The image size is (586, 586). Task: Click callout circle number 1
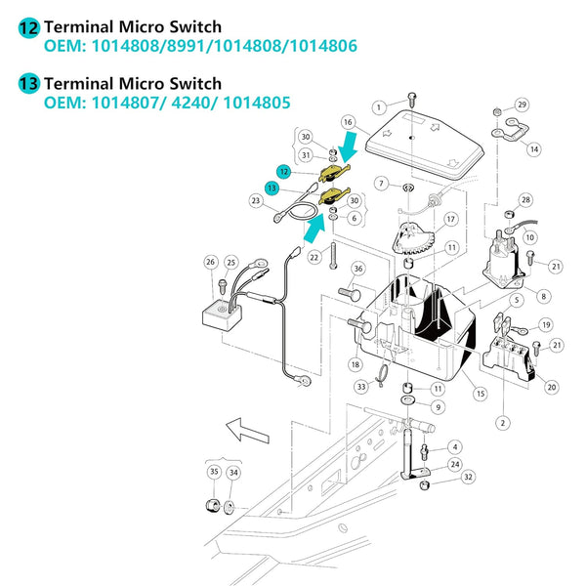[x=378, y=106]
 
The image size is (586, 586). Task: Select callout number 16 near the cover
[x=347, y=122]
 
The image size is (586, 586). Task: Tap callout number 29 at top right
[x=522, y=105]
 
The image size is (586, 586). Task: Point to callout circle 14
[x=534, y=149]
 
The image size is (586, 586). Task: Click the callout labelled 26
[x=210, y=262]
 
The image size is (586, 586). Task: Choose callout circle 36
[x=357, y=269]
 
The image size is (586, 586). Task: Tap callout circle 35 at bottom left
[x=213, y=471]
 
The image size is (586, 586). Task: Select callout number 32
[x=469, y=477]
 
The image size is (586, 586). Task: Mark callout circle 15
[x=480, y=393]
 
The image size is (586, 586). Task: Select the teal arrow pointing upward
[x=314, y=229]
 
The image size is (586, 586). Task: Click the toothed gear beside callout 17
[x=413, y=238]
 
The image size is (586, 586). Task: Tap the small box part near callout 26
[x=226, y=312]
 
